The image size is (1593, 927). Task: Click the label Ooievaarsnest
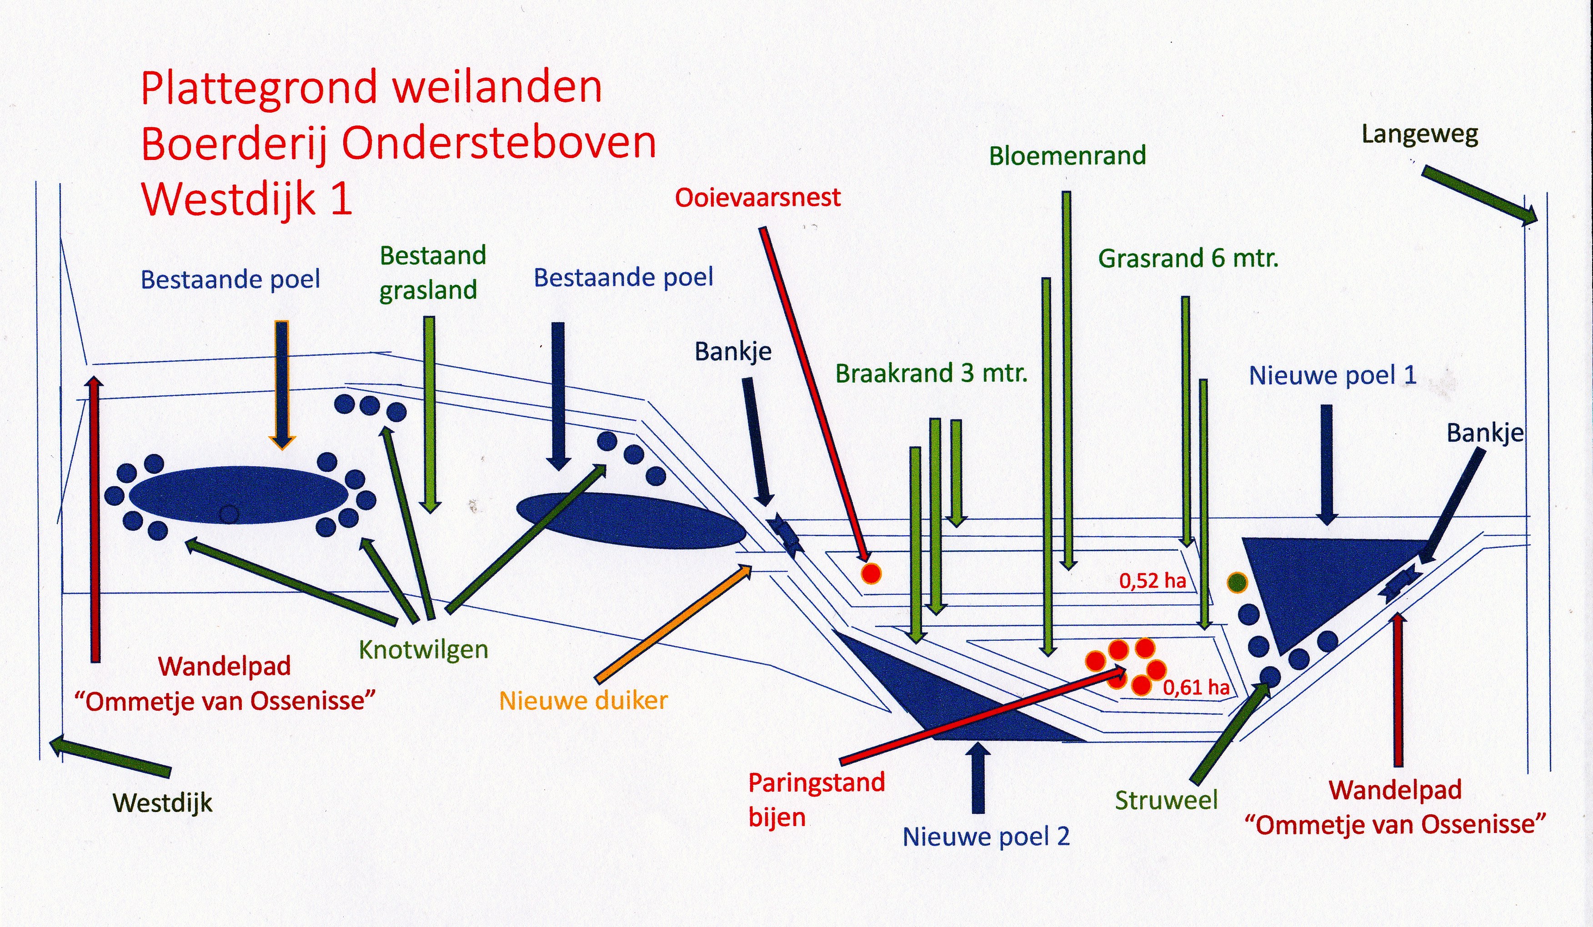click(757, 198)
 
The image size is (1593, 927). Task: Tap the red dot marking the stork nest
click(871, 573)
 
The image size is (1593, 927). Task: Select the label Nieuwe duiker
click(583, 701)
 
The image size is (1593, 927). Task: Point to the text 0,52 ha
click(1152, 581)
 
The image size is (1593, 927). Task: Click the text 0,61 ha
click(1196, 688)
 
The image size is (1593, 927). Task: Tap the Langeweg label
click(1419, 135)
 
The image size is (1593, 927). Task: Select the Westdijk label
click(162, 802)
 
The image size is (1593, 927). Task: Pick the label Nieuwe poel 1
click(1332, 376)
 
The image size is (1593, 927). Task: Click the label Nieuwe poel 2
click(986, 837)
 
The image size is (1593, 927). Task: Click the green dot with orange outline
click(1237, 582)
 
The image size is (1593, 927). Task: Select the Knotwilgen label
click(424, 650)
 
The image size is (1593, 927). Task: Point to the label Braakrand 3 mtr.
click(931, 374)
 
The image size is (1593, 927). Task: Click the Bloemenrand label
click(1067, 156)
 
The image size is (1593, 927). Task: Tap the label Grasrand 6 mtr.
click(1188, 259)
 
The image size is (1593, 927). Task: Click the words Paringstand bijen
click(816, 799)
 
